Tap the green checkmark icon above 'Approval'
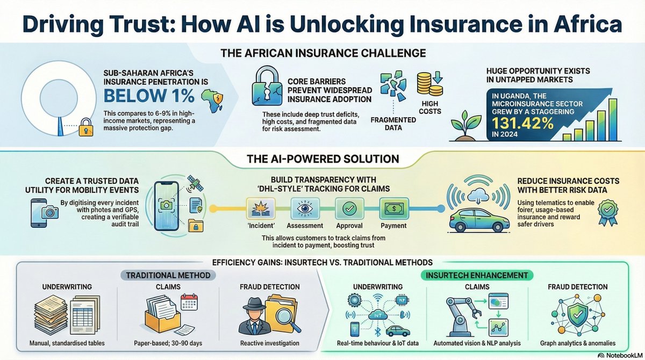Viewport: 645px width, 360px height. [346, 207]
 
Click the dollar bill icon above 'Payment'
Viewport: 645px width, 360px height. [391, 207]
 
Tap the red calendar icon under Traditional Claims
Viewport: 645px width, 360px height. [190, 304]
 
